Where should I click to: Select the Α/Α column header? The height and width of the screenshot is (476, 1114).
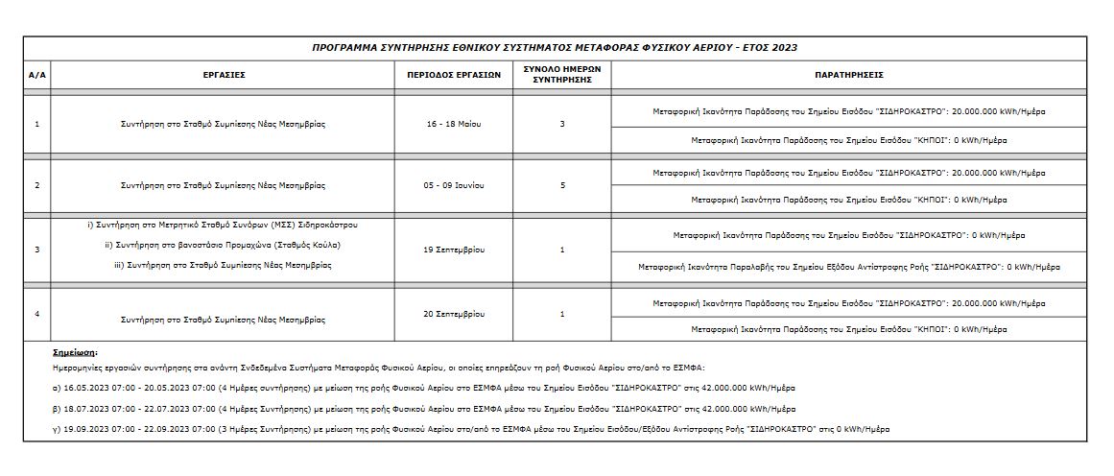click(37, 74)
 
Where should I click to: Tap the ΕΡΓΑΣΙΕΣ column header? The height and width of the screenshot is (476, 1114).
click(223, 74)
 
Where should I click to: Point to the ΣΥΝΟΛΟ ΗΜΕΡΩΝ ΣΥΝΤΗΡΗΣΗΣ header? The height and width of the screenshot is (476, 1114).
click(561, 74)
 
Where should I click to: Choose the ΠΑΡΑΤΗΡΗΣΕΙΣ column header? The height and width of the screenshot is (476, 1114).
click(848, 74)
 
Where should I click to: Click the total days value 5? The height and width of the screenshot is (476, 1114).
click(562, 185)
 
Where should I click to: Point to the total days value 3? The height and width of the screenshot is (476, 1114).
click(562, 125)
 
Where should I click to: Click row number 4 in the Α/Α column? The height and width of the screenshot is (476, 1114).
click(37, 314)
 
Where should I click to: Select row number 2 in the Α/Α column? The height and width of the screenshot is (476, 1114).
click(37, 185)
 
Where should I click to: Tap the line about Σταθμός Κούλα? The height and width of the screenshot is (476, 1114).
click(223, 245)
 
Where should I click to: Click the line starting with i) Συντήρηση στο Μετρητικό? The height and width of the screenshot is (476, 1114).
click(223, 225)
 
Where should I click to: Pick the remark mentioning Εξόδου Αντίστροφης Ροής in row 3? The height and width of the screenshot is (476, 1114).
click(848, 267)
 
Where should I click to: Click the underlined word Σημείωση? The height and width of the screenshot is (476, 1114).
click(75, 352)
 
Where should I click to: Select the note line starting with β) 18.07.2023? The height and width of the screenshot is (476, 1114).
click(423, 408)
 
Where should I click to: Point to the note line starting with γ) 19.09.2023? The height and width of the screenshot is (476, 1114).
click(470, 428)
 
